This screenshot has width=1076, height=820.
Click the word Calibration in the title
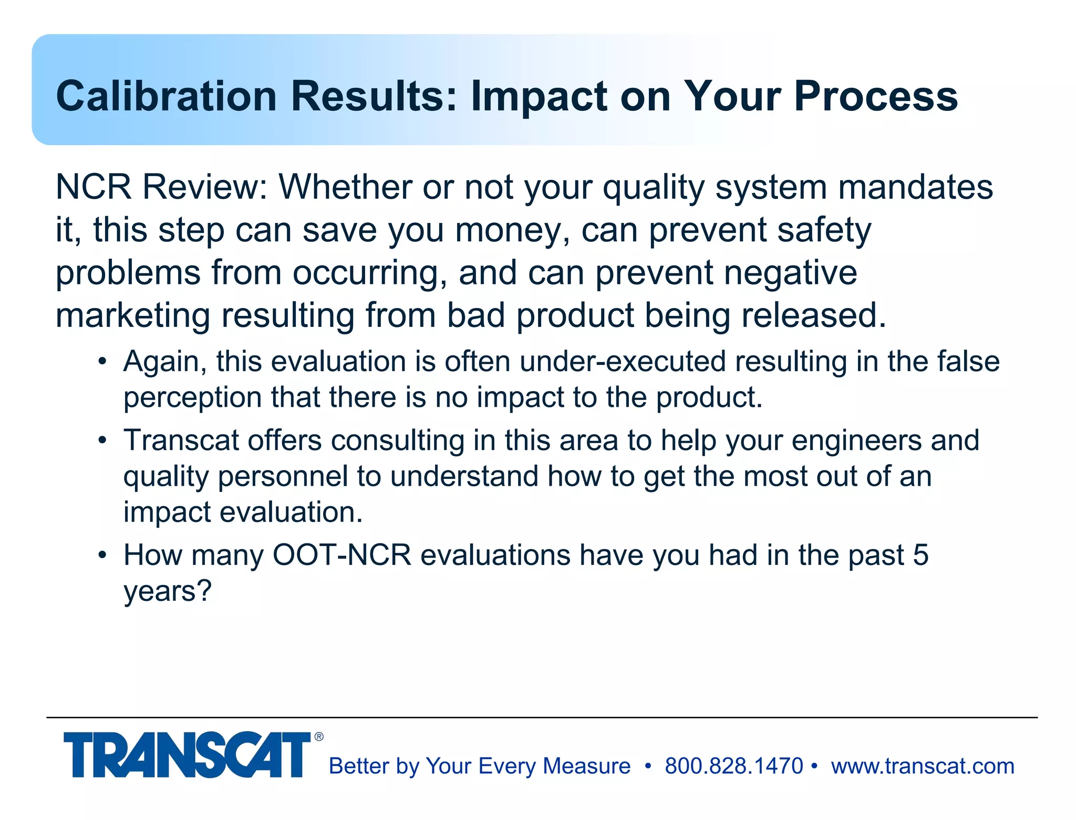166,96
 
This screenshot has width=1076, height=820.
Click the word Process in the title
876,96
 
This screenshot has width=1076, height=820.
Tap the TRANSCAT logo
187,755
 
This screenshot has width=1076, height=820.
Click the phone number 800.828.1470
733,766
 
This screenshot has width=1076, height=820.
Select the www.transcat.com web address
923,766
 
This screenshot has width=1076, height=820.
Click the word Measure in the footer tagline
586,766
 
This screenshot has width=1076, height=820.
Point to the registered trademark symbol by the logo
319,737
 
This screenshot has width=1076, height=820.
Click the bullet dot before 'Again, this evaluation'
102,362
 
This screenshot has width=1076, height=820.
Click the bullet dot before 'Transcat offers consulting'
102,440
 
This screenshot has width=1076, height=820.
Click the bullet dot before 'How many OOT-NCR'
102,556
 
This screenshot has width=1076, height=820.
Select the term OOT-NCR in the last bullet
342,556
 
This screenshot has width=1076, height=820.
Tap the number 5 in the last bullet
920,556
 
